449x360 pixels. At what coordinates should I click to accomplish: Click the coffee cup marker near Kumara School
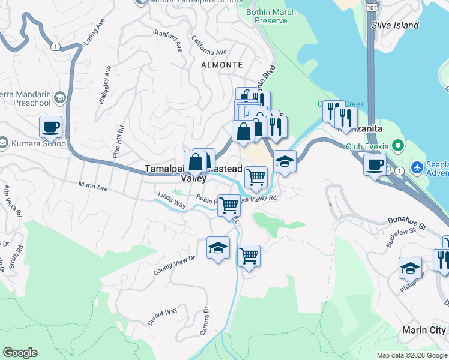coord(51,127)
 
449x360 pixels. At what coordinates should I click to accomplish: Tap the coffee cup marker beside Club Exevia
coord(375,164)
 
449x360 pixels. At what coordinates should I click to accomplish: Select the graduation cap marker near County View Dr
coord(218,247)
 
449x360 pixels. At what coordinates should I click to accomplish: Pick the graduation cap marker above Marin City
coord(411,267)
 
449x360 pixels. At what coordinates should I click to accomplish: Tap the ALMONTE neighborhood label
coord(222,65)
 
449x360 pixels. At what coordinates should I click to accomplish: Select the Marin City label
coord(424,331)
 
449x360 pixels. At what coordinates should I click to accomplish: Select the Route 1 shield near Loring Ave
coord(56,47)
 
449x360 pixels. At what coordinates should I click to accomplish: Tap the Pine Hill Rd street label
coord(118,142)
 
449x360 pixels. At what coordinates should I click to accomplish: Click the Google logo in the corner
coord(20,353)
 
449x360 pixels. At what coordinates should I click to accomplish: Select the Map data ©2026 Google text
coord(412,355)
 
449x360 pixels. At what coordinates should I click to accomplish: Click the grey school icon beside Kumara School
coord(3,142)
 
